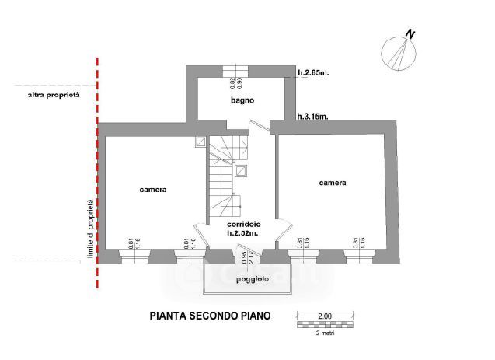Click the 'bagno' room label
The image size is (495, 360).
[x=242, y=101]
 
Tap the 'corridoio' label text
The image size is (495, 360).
[x=242, y=224]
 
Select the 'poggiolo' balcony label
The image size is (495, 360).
[x=242, y=279]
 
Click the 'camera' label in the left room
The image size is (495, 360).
[x=153, y=190]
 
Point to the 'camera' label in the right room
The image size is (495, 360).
[x=332, y=183]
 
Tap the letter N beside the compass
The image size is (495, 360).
[x=410, y=33]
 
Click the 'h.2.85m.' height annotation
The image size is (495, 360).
[x=313, y=74]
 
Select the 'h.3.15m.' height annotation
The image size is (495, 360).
[x=313, y=117]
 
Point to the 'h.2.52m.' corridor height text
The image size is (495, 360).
[x=242, y=232]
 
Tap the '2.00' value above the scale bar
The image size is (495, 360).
[x=324, y=315]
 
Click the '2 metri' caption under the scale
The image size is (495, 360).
[x=324, y=333]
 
